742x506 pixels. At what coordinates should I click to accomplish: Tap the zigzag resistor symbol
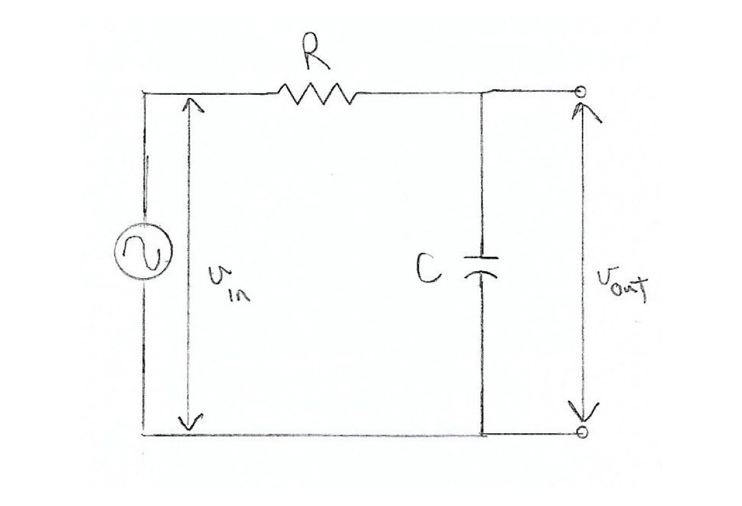click(318, 94)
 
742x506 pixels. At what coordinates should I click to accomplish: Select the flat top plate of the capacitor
click(482, 257)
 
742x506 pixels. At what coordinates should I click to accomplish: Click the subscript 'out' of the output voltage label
click(631, 292)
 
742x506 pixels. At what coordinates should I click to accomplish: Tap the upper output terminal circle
click(581, 92)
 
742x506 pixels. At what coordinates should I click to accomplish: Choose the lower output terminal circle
click(583, 433)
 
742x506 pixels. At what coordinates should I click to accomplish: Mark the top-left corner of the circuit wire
click(144, 94)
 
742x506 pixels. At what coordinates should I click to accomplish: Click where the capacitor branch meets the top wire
click(482, 94)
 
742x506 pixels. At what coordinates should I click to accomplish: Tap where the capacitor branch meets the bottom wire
click(482, 434)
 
